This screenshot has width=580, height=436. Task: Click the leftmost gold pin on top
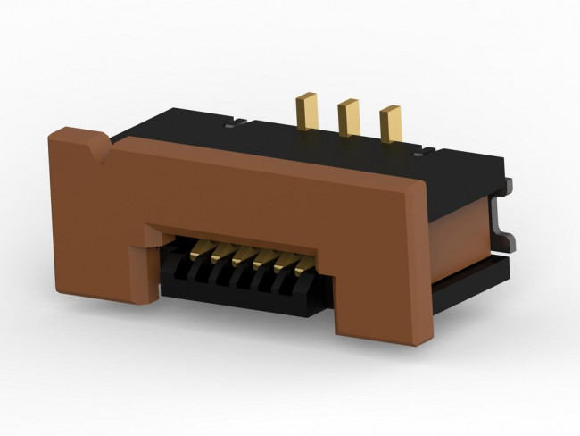click(309, 111)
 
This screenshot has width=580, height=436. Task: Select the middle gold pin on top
click(347, 118)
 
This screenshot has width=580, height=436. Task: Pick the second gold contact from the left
click(220, 252)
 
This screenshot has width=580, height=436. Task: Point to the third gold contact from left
click(241, 256)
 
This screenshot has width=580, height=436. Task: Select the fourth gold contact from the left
click(262, 260)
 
